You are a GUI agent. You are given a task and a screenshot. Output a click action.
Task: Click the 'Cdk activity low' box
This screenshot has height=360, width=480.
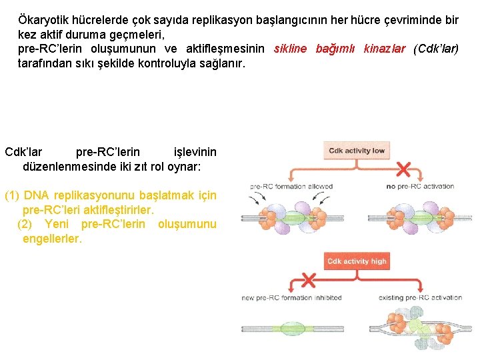pos(357,151)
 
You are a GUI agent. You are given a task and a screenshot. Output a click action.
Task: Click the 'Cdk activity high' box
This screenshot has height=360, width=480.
pos(357,261)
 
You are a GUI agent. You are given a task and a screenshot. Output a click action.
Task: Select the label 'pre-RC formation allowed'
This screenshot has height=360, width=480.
pos(291,187)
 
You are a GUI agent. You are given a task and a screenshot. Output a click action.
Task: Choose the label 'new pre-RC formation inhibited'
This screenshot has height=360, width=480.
pos(291,298)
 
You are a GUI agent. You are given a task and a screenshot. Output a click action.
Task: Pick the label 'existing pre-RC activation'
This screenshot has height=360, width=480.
pos(420,298)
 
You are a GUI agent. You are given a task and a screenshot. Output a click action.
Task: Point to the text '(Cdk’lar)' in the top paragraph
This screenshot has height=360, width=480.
pos(436,49)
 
